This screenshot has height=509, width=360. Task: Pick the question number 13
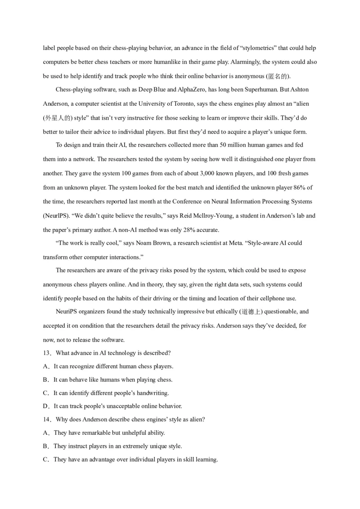click(x=47, y=352)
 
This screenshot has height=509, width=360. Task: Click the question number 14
click(x=47, y=419)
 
